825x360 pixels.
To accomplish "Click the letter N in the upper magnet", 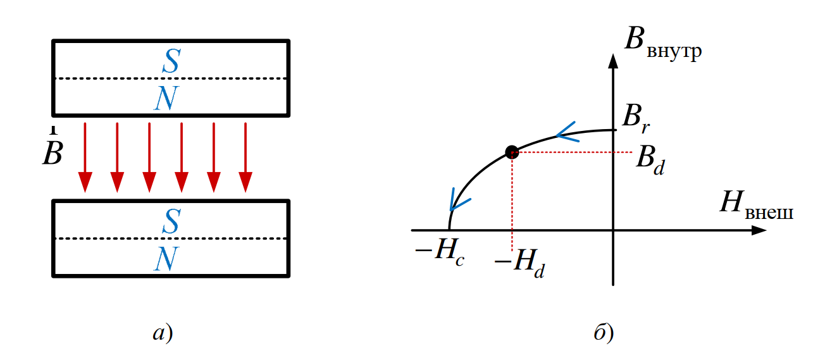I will click(166, 99).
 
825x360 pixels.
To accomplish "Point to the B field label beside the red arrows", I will click(53, 152).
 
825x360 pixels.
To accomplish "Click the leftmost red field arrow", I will click(85, 158).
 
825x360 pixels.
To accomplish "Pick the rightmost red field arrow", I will click(245, 158).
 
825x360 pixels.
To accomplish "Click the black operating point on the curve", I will click(512, 152).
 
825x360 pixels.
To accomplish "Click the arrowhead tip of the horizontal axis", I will click(766, 230).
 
